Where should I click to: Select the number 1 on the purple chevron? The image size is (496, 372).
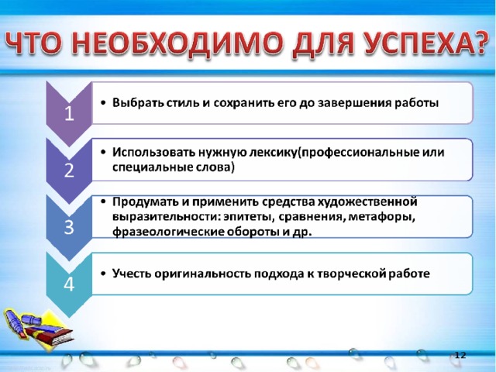tap(69, 113)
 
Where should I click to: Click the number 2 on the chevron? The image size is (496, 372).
tap(69, 170)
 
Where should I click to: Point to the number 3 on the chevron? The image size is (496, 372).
tap(69, 227)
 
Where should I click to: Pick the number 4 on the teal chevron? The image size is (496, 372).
tap(69, 284)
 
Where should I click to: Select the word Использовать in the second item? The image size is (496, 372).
tap(153, 153)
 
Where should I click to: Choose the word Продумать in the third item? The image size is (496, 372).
tap(143, 201)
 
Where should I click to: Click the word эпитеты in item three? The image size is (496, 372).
tap(246, 217)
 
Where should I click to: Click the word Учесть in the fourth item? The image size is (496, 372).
tap(132, 274)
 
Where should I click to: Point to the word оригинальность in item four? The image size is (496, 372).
tap(202, 274)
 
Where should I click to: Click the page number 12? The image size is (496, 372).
tap(460, 355)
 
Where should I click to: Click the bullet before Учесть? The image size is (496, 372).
tap(103, 274)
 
